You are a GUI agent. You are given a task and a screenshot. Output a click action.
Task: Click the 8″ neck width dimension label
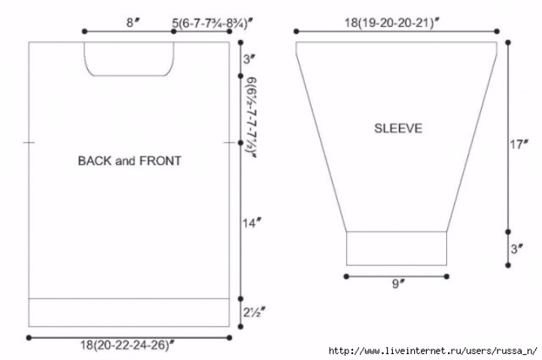coord(132,23)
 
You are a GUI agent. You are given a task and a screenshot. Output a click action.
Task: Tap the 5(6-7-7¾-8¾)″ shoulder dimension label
coord(212,23)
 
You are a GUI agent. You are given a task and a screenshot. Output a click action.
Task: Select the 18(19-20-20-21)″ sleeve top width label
coord(391,23)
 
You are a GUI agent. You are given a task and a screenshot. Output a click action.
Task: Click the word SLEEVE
coord(398,128)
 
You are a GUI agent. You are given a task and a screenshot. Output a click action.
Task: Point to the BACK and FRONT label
coord(129,161)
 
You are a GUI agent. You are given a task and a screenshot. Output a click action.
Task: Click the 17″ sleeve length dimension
coord(519,144)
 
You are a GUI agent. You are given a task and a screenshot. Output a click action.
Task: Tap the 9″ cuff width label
coord(398,284)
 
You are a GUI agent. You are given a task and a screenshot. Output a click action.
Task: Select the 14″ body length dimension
coord(251,223)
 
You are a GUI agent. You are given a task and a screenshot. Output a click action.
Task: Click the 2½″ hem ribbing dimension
coord(254,312)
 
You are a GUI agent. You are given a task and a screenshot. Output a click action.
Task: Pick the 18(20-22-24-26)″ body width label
coord(127,345)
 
